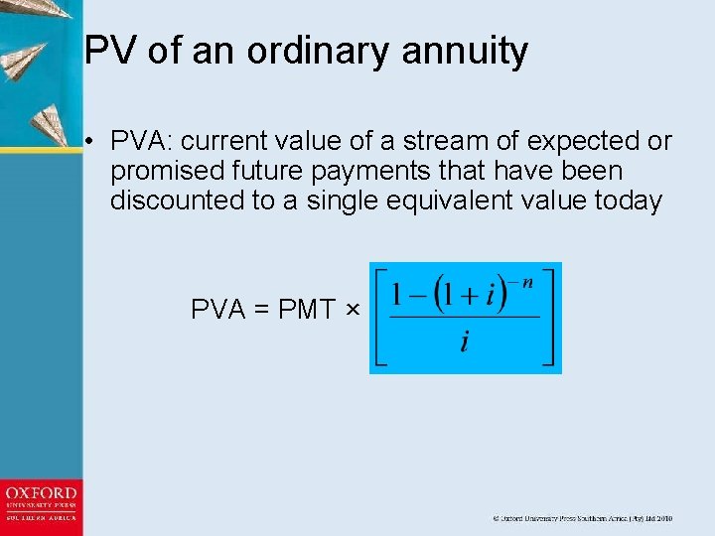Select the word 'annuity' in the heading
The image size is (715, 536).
(472, 51)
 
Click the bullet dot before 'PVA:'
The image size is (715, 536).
(89, 142)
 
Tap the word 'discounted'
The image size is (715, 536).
(178, 201)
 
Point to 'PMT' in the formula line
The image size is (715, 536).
(307, 310)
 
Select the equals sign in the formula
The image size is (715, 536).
(261, 310)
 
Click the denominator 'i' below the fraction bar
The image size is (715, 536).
(465, 342)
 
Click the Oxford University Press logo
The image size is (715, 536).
(41, 505)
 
